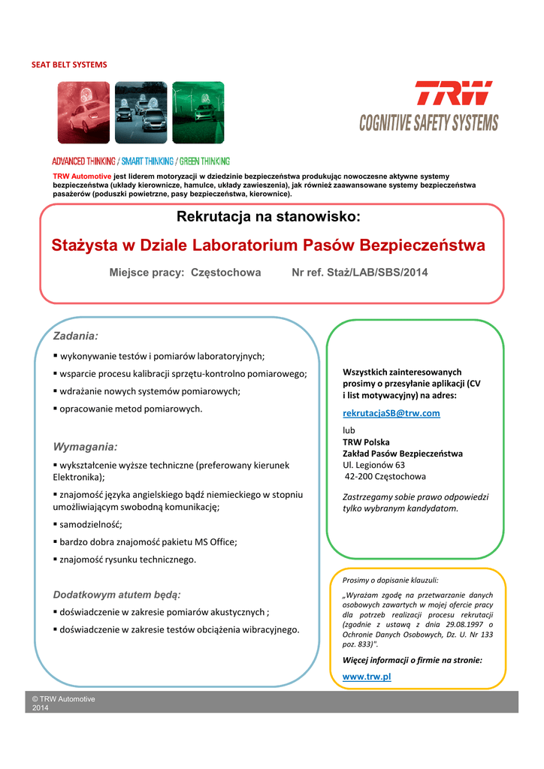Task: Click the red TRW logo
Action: [x=454, y=94]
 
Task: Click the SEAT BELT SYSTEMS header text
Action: [x=69, y=65]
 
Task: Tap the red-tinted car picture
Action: [x=83, y=113]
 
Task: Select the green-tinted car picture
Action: [x=198, y=113]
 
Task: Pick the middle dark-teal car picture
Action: [x=141, y=113]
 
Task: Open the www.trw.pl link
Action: [x=367, y=677]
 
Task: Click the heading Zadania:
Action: [x=76, y=335]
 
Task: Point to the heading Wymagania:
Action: [x=86, y=447]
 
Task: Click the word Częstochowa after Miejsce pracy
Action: [x=226, y=273]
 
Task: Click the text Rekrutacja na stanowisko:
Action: [x=268, y=218]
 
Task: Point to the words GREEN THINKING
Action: [x=204, y=161]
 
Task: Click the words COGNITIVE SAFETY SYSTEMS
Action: [x=428, y=122]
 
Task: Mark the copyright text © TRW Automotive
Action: [x=63, y=699]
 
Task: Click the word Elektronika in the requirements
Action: [x=77, y=476]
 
